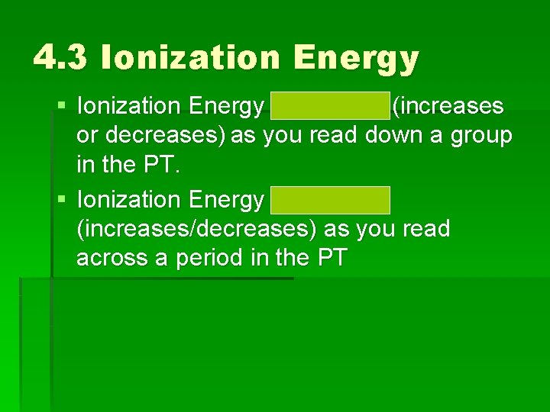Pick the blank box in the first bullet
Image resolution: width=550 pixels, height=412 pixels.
tap(329, 107)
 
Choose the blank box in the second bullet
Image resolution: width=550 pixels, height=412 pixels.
tap(329, 200)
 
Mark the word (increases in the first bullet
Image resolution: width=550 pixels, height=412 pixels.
tap(448, 107)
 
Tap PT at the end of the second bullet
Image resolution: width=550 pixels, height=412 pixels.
tap(331, 259)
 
